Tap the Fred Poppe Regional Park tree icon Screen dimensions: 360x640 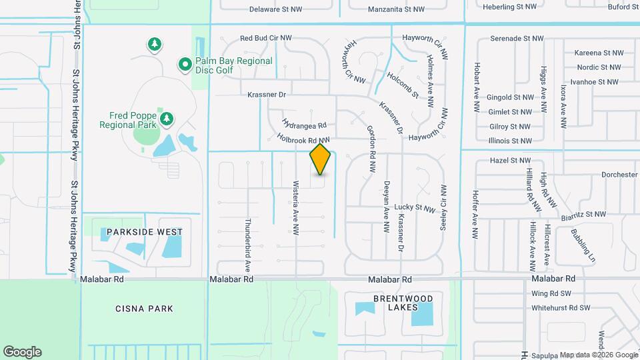click(x=167, y=120)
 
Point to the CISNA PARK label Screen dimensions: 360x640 click(x=145, y=309)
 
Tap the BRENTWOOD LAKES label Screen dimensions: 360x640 click(x=393, y=303)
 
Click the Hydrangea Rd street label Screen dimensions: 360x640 click(x=304, y=125)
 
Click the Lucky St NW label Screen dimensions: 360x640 click(x=415, y=207)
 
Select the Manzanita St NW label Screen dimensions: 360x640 click(x=396, y=10)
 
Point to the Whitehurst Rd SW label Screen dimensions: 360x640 click(x=561, y=308)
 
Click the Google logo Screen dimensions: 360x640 click(x=22, y=352)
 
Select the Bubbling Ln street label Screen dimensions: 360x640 click(x=583, y=245)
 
